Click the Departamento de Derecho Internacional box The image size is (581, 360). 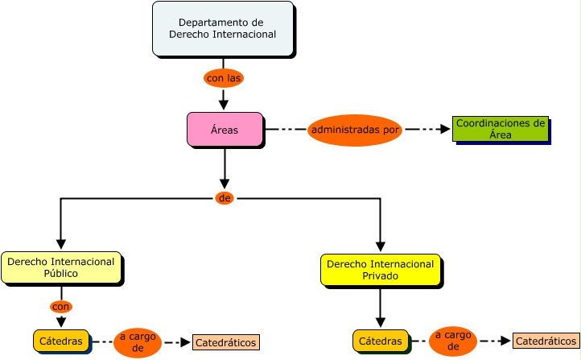[222, 29]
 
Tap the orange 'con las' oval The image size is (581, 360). [224, 78]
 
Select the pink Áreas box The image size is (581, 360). [225, 130]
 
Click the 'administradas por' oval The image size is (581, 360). [354, 129]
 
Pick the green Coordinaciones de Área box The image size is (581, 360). [501, 129]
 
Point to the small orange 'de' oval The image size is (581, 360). [225, 198]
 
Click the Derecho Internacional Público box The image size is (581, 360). [61, 267]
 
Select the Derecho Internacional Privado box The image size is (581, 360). [380, 270]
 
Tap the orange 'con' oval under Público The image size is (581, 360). [61, 307]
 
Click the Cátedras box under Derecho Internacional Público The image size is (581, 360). [61, 341]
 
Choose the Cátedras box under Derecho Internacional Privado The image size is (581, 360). [380, 341]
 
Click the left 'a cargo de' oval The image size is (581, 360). [138, 342]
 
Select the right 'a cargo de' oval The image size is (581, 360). [453, 341]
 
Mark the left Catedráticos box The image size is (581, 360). [225, 343]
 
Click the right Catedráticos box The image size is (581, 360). [546, 341]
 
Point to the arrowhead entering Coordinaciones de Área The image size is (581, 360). [445, 129]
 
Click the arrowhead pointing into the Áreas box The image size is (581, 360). [225, 105]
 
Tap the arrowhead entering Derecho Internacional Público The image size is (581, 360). [61, 245]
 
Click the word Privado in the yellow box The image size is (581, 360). [380, 275]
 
